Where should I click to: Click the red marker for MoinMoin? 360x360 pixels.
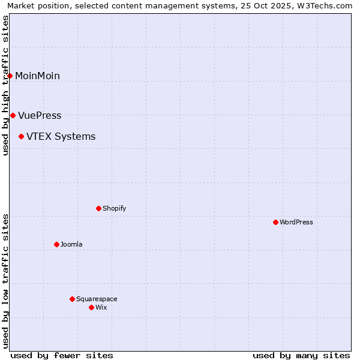(10, 76)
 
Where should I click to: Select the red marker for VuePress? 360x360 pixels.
(13, 115)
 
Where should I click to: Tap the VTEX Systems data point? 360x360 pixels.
(21, 137)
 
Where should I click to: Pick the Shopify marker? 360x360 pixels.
(98, 208)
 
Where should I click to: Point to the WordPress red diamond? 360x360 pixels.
(275, 222)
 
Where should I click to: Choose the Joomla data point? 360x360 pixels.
(56, 244)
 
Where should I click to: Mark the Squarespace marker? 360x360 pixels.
(72, 299)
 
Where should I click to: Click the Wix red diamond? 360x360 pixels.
(91, 307)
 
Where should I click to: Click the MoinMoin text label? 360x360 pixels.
(37, 76)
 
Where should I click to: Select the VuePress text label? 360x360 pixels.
(40, 115)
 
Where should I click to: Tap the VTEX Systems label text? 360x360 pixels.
(61, 137)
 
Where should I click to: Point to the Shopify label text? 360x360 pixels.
(114, 208)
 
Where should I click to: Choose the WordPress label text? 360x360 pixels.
(296, 222)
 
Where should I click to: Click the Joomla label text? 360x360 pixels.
(71, 244)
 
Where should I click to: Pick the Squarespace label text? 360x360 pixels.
(97, 299)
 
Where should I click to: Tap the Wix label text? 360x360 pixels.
(101, 307)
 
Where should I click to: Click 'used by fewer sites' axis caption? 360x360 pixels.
(62, 355)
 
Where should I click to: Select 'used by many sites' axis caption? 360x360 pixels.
(301, 355)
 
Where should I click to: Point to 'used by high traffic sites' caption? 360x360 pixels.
(5, 85)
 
